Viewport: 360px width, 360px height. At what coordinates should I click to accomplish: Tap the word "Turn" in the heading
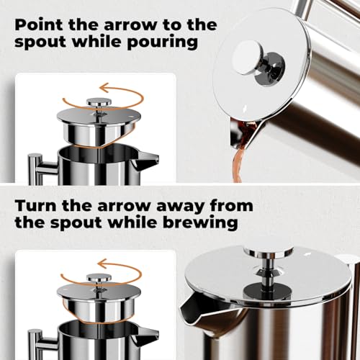click(x=36, y=205)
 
